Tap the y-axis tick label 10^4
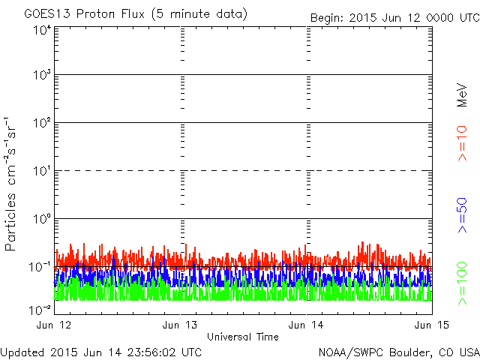click(42, 29)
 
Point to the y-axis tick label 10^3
click(42, 75)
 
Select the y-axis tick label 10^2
click(42, 123)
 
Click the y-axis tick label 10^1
click(42, 171)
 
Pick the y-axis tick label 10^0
click(42, 219)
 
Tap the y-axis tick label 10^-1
click(40, 267)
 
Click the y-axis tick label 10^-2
click(40, 309)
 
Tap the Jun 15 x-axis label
click(427, 325)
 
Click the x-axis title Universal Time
click(242, 337)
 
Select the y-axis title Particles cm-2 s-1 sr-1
click(13, 184)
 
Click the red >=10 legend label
click(463, 143)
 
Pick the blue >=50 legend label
click(463, 215)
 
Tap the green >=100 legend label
click(463, 283)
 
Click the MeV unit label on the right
click(463, 94)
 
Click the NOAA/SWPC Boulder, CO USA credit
click(398, 351)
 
